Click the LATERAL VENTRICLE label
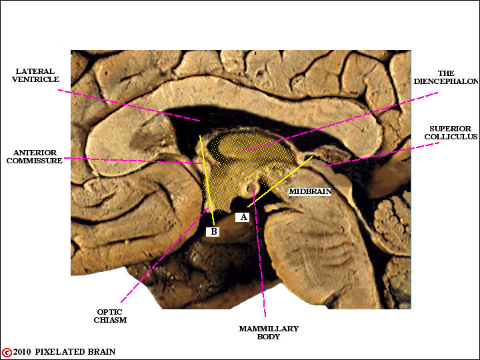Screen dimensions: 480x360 [35, 75]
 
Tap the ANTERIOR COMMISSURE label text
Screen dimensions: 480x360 [35, 157]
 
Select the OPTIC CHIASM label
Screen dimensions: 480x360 [110, 316]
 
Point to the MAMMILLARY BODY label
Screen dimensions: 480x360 [269, 333]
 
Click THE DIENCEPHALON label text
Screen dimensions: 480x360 [446, 77]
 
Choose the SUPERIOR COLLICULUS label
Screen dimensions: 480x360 [451, 133]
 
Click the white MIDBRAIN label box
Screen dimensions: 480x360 [311, 191]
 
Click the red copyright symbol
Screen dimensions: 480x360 [7, 353]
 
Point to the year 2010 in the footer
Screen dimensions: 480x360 [22, 352]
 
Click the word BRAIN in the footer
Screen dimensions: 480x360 [101, 352]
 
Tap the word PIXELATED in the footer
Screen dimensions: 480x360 [60, 352]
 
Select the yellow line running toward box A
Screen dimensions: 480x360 [280, 182]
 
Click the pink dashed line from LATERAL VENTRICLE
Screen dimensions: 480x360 [129, 105]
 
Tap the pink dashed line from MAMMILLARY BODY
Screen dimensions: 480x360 [259, 252]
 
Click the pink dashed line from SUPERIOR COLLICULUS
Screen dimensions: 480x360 [382, 154]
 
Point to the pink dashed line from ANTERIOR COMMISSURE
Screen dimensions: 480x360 [133, 161]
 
